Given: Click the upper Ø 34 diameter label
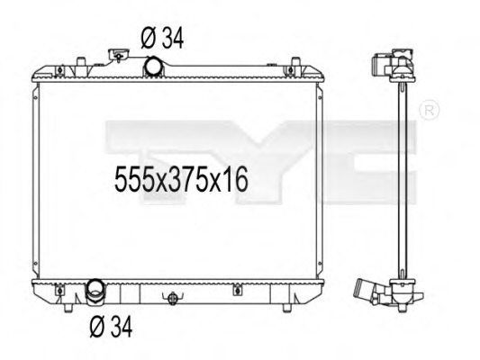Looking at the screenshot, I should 163,37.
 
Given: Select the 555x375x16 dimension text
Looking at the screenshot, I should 181,179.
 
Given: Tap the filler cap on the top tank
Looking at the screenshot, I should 116,57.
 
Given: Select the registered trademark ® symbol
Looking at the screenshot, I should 429,111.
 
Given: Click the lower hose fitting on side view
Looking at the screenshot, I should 369,291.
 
